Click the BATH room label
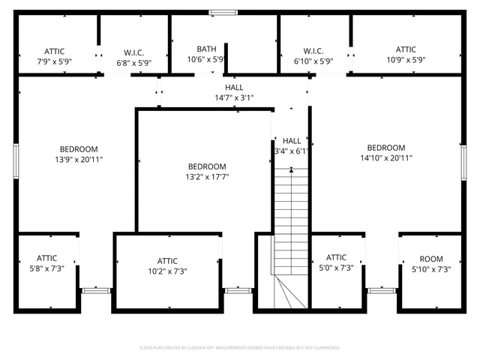click(206, 49)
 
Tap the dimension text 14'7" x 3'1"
click(234, 97)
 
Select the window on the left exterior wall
click(16, 161)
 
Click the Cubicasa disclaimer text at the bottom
click(240, 348)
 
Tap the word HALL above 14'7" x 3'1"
click(234, 88)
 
